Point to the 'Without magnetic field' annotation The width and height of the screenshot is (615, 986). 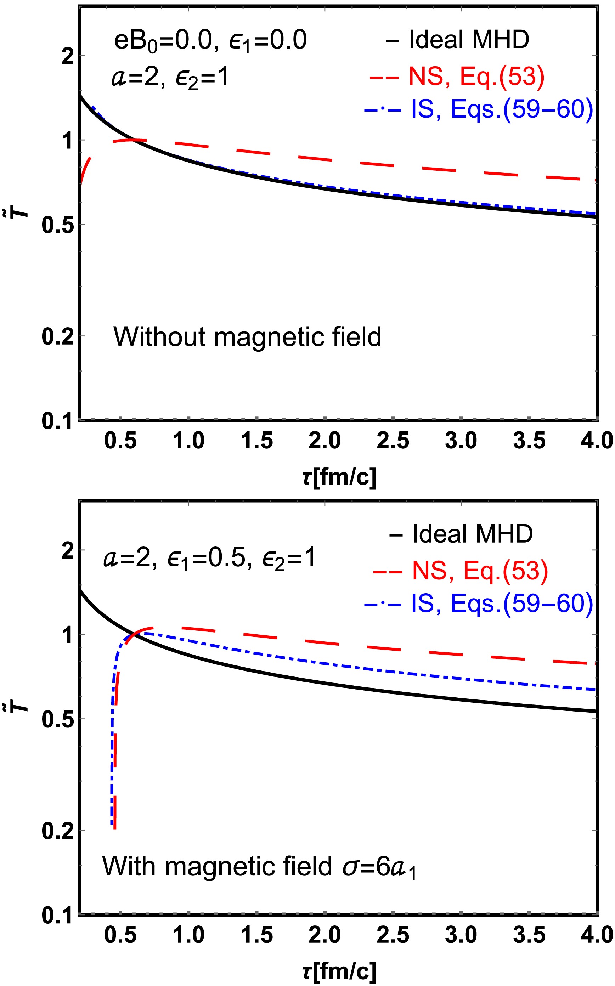[x=247, y=337]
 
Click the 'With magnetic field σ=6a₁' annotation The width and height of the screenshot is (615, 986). [x=259, y=866]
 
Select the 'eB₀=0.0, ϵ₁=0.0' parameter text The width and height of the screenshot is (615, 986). [x=210, y=40]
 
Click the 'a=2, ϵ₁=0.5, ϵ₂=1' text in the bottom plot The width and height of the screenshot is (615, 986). [x=209, y=558]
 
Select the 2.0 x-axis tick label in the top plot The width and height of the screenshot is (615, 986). [x=324, y=441]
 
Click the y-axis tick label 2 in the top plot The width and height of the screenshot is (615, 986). [x=68, y=56]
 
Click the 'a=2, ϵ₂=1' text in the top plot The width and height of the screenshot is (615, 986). [x=170, y=77]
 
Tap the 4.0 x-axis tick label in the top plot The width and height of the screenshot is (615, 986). [x=596, y=441]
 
